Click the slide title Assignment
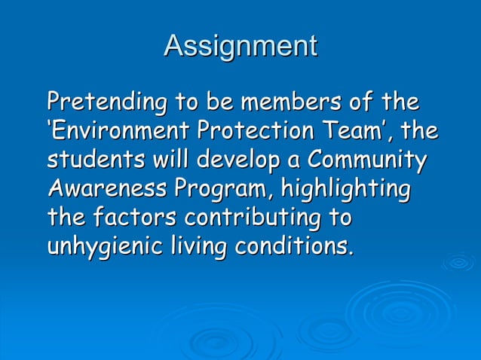240,47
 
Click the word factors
136,219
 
